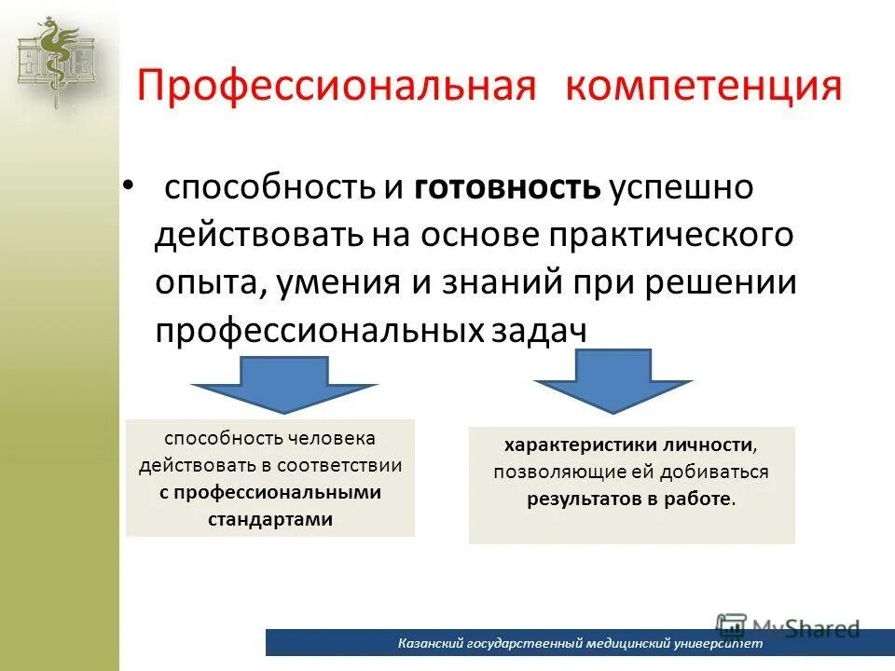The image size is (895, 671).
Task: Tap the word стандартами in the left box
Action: click(x=270, y=519)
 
